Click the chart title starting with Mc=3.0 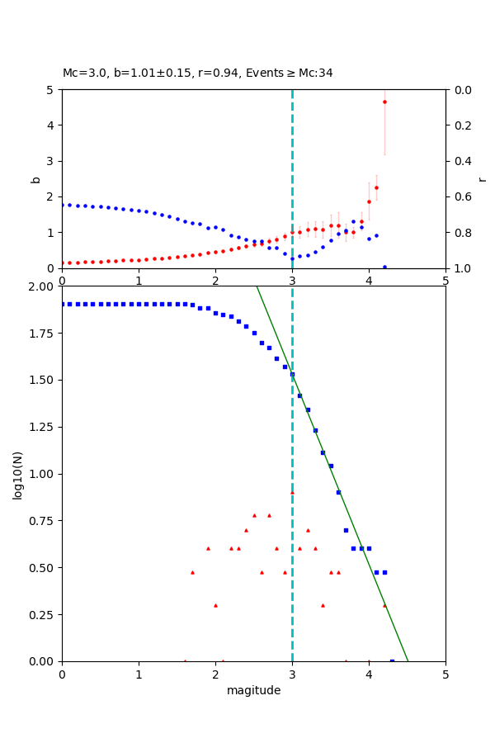(198, 73)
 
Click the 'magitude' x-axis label (253, 690)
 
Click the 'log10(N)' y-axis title (17, 474)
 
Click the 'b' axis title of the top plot (35, 178)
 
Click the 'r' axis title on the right (482, 178)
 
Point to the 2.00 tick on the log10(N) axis (40, 286)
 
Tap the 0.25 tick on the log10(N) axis (40, 614)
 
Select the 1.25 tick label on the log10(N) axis (40, 427)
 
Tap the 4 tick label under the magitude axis (369, 674)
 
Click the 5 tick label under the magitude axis (445, 674)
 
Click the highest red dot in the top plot (384, 102)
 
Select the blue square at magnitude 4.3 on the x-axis (392, 660)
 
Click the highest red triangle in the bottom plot (292, 493)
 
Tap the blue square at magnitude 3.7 (346, 530)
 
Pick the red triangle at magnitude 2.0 (215, 605)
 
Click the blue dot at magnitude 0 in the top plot (63, 205)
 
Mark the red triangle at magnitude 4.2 (384, 605)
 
